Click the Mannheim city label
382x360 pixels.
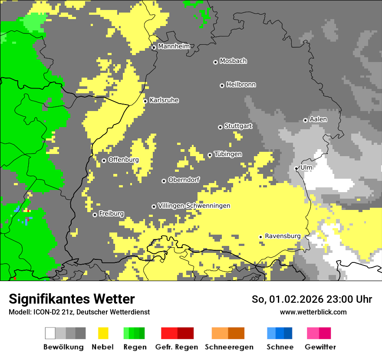174,46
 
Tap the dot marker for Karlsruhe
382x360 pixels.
145,101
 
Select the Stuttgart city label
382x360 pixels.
238,126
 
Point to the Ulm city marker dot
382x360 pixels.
296,168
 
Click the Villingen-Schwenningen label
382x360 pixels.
194,206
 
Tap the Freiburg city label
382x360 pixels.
111,213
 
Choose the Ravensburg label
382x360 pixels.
283,236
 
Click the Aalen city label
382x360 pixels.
318,119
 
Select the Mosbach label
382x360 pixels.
233,61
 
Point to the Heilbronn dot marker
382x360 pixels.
222,85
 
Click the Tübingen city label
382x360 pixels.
228,154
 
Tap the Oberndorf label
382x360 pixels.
184,180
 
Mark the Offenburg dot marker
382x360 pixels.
104,160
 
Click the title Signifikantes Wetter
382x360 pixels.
72,299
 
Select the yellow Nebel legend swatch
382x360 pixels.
103,333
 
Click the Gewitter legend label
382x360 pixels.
320,347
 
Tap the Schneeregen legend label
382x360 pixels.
229,347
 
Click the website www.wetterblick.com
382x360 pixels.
313,312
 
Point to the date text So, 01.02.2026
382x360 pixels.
286,299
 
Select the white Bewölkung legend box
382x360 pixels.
50,333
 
